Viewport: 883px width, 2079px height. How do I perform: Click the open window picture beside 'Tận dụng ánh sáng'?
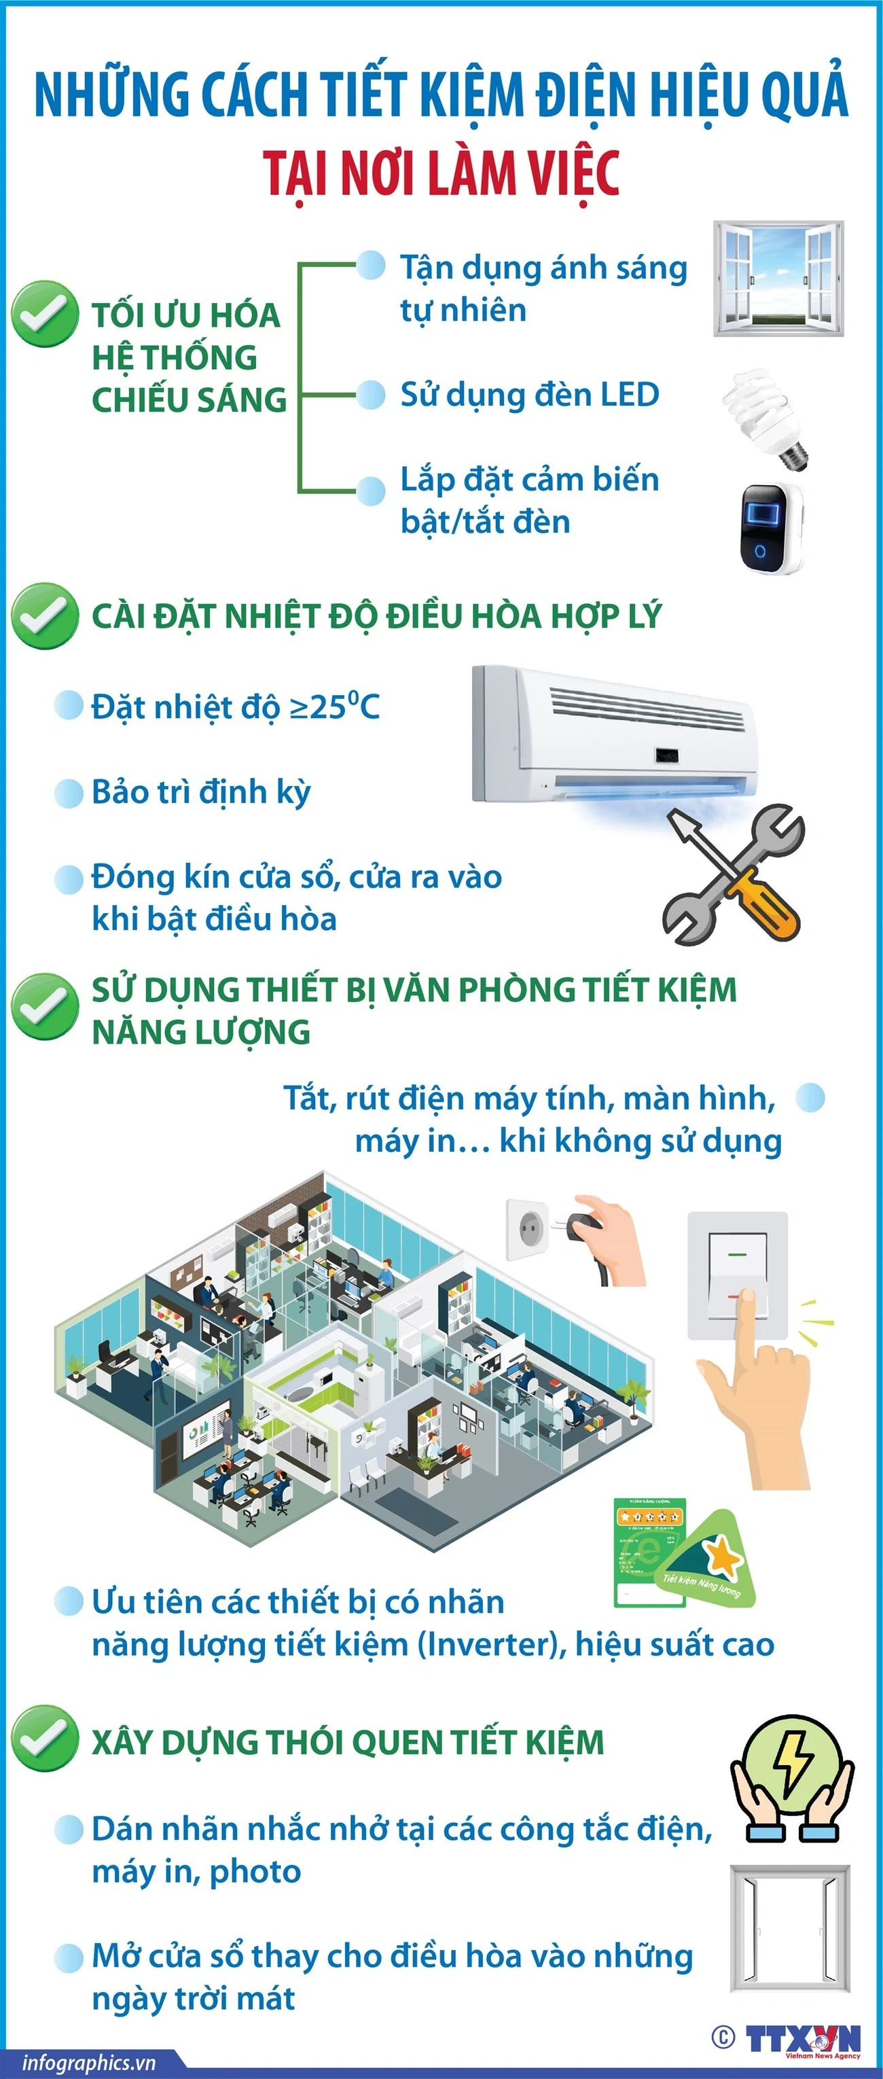[778, 279]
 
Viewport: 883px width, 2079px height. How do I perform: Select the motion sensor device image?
[771, 529]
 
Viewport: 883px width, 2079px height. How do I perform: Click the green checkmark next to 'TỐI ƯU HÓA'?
[44, 314]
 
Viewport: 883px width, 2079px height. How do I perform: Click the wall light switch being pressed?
[737, 1275]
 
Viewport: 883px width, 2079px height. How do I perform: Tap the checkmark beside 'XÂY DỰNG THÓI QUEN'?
[44, 1741]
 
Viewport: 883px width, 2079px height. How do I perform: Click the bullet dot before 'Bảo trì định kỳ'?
[69, 793]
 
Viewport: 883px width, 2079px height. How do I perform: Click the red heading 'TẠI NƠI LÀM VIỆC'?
[441, 173]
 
